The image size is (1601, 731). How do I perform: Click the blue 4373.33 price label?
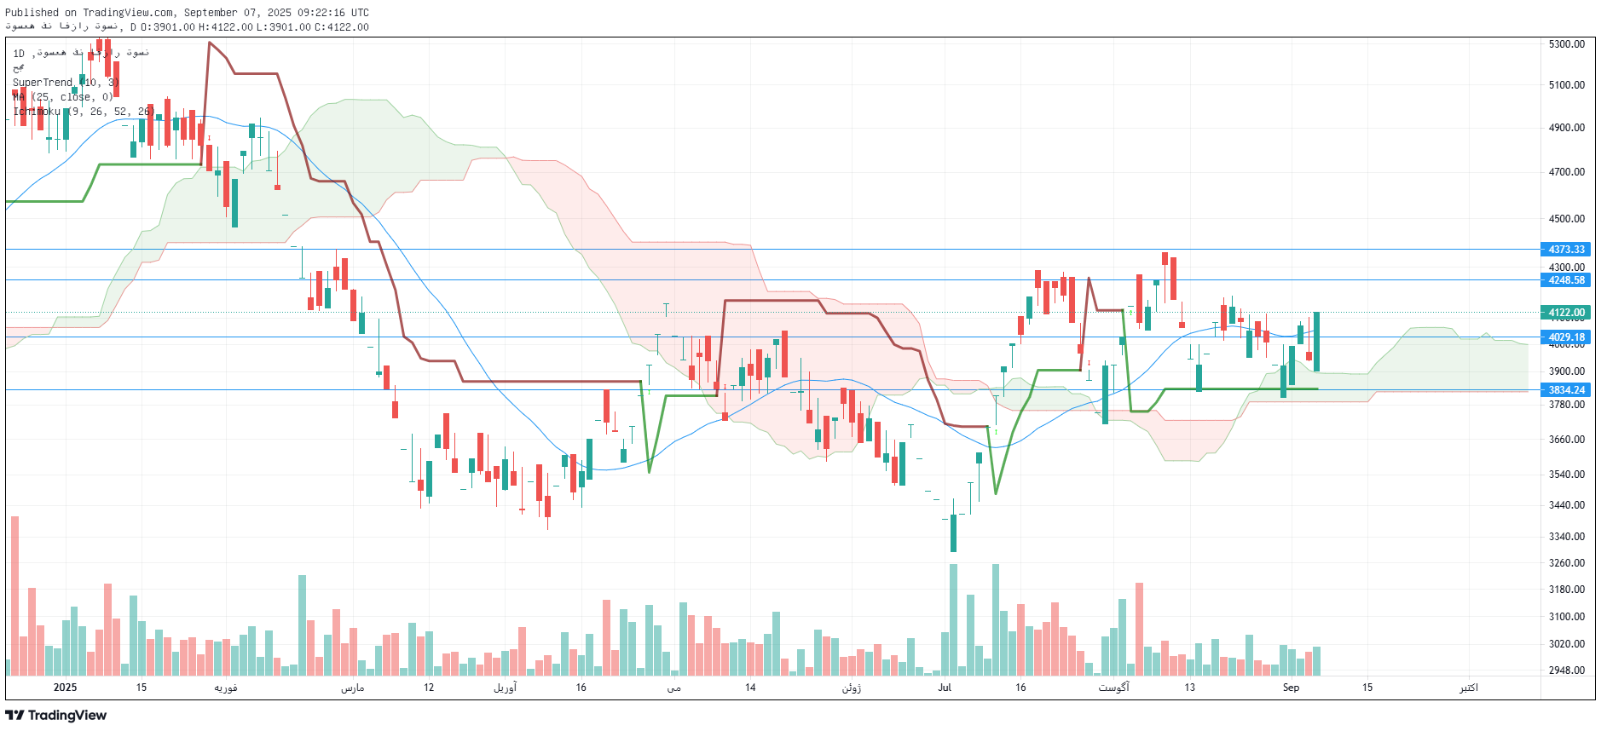pyautogui.click(x=1565, y=250)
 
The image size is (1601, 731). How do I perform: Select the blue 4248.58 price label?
pyautogui.click(x=1565, y=280)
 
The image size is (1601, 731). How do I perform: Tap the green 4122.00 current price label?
pyautogui.click(x=1565, y=313)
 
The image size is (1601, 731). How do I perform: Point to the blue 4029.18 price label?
pyautogui.click(x=1565, y=337)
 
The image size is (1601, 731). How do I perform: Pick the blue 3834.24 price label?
pyautogui.click(x=1565, y=390)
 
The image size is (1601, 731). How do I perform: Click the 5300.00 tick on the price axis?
pyautogui.click(x=1566, y=44)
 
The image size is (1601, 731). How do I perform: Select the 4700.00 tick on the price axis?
pyautogui.click(x=1566, y=172)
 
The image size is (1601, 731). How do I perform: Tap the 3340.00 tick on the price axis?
pyautogui.click(x=1566, y=537)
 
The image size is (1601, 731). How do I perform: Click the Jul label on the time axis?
pyautogui.click(x=945, y=688)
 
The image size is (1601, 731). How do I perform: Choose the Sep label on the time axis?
pyautogui.click(x=1291, y=688)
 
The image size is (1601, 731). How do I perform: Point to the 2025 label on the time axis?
pyautogui.click(x=65, y=688)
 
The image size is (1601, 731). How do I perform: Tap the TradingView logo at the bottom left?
pyautogui.click(x=56, y=716)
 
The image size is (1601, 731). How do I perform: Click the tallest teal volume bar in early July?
pyautogui.click(x=953, y=618)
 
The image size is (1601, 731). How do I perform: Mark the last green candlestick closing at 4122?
pyautogui.click(x=1317, y=341)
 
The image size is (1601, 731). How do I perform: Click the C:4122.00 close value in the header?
pyautogui.click(x=342, y=27)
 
